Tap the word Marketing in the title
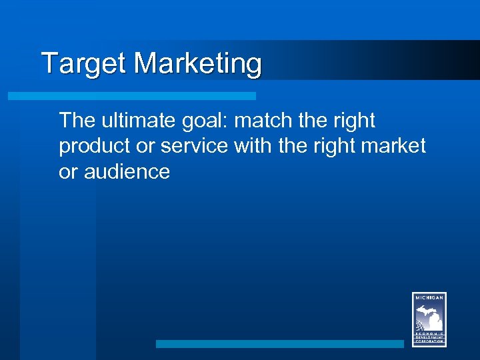coord(198,65)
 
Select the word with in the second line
coord(253,146)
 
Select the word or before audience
coord(67,171)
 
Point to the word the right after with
coord(292,146)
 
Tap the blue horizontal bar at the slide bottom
coord(280,344)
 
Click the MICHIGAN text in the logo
coord(429,298)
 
